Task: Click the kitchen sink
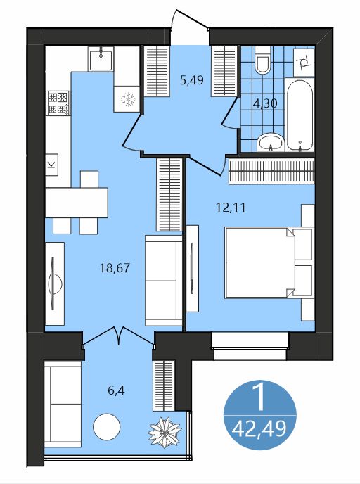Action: (x=101, y=59)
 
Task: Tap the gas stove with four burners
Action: (x=58, y=103)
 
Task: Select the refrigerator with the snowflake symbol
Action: (x=127, y=98)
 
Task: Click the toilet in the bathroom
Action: (x=263, y=60)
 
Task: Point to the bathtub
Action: (x=300, y=115)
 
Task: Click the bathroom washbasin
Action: (x=271, y=143)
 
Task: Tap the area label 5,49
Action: (x=192, y=80)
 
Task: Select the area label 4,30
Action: (x=265, y=103)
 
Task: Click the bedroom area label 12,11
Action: (x=231, y=208)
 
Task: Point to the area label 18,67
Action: (x=115, y=267)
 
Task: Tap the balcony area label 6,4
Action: (x=116, y=390)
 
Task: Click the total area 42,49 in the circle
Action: (x=259, y=428)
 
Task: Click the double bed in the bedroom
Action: (x=269, y=262)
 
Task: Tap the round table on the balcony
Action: (x=107, y=427)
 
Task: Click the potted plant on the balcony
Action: (x=165, y=432)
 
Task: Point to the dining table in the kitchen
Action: (x=77, y=203)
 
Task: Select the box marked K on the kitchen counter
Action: (x=52, y=165)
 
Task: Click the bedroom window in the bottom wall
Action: (x=250, y=345)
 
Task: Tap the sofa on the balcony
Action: (x=63, y=405)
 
